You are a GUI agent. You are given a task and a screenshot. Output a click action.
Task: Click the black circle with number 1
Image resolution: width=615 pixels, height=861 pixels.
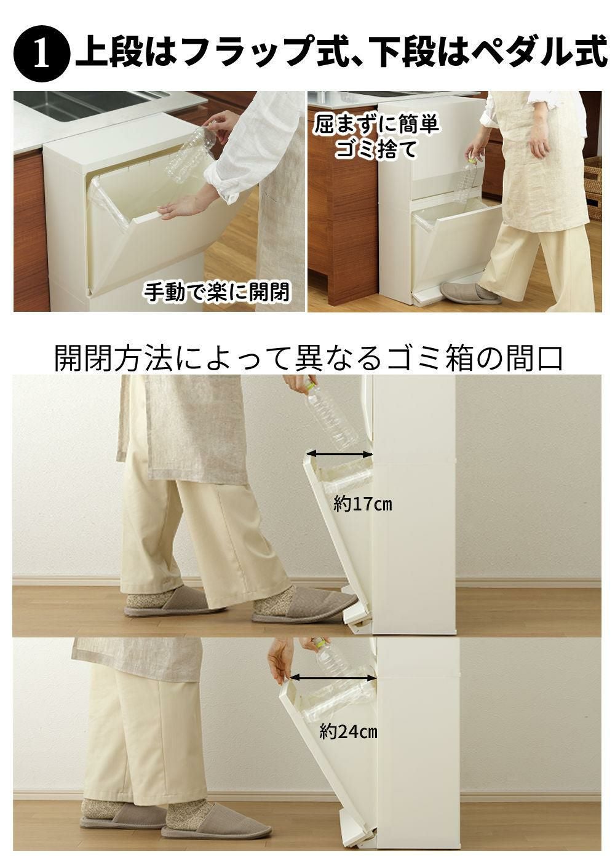pos(42,54)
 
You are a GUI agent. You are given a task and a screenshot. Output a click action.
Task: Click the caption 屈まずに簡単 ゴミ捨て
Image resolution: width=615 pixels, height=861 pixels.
pos(376,137)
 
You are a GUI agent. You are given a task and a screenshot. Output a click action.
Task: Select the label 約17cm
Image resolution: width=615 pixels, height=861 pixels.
pos(362,504)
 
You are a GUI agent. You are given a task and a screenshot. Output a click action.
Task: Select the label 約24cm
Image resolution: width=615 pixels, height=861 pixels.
pos(348,732)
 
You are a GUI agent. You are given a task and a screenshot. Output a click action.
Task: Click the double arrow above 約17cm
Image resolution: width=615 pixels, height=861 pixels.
pos(339,454)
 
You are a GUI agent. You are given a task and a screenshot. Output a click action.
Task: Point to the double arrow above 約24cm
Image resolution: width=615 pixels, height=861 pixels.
pos(333,678)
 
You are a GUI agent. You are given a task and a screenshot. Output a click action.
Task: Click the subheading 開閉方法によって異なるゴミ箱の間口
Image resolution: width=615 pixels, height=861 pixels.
pos(308,358)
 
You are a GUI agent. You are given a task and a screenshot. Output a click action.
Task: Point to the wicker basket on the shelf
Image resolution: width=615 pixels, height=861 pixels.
pos(592,188)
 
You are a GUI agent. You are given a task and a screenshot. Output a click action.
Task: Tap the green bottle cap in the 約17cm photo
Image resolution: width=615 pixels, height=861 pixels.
pos(310,383)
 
